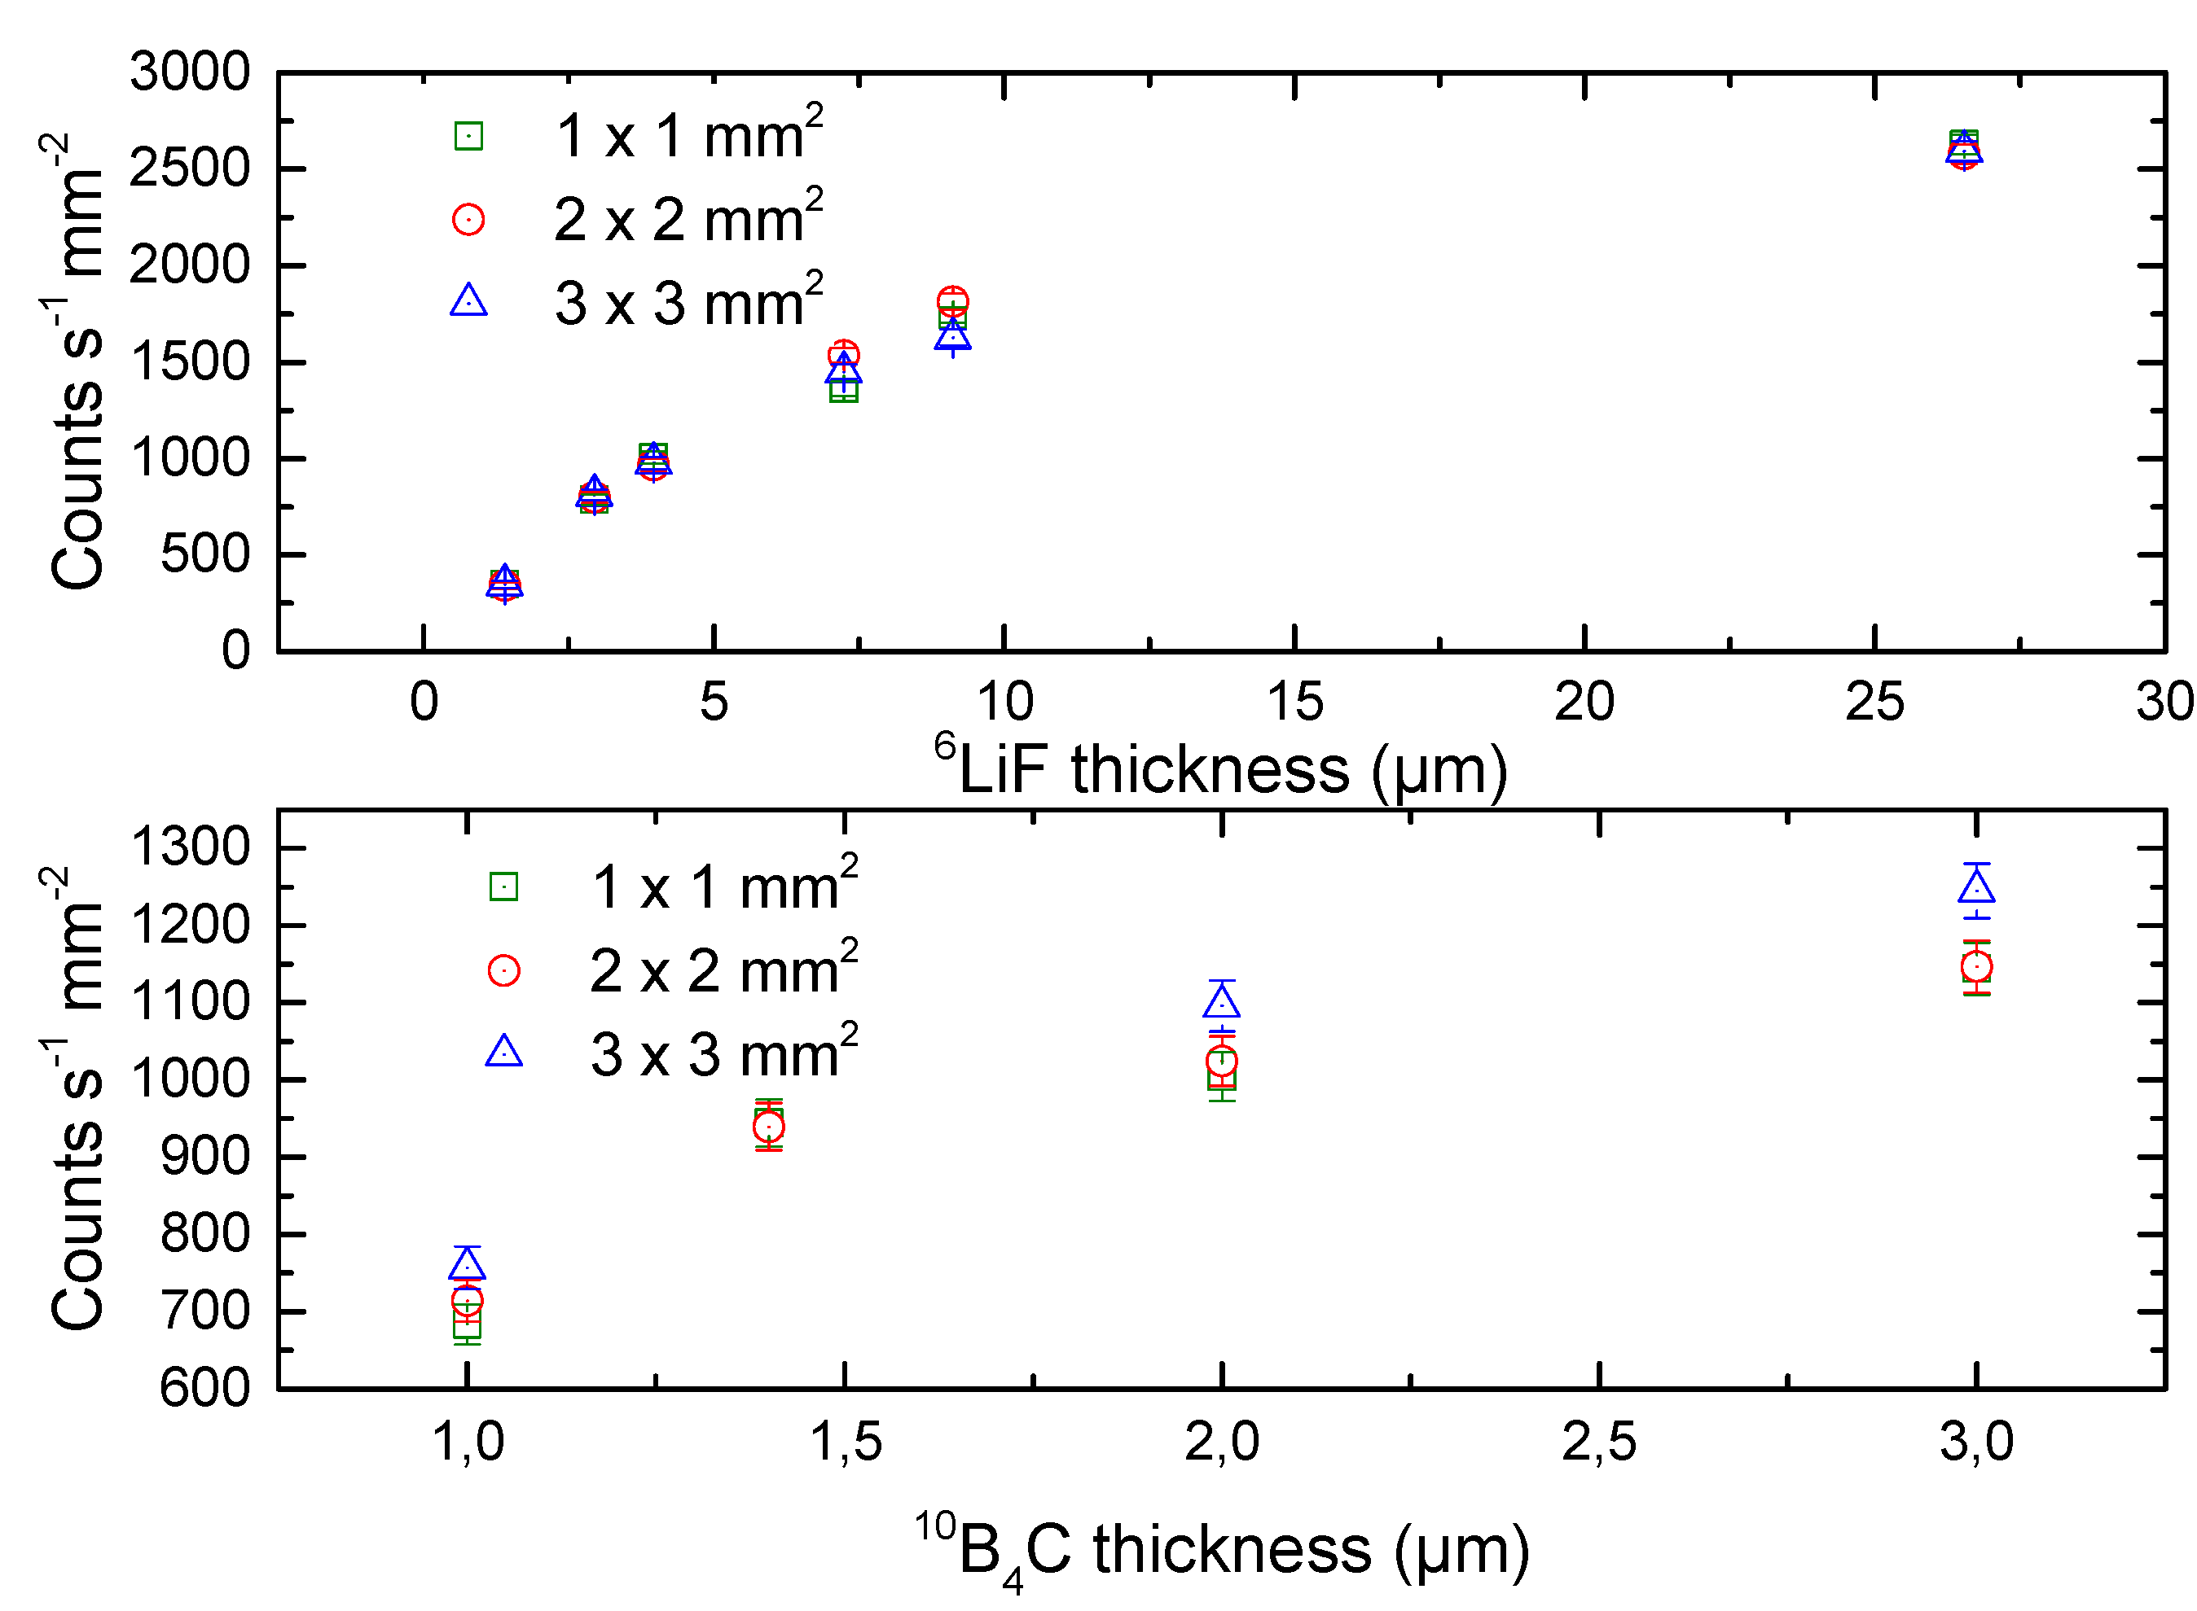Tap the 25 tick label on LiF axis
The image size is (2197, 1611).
pyautogui.click(x=1873, y=703)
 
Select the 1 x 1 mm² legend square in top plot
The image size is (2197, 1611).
pyautogui.click(x=468, y=136)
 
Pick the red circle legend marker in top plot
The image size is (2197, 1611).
pyautogui.click(x=468, y=220)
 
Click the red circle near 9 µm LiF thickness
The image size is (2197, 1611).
pyautogui.click(x=952, y=300)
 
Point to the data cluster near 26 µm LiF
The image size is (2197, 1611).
pyautogui.click(x=1963, y=150)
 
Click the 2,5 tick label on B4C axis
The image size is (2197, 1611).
pyautogui.click(x=1598, y=1442)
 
